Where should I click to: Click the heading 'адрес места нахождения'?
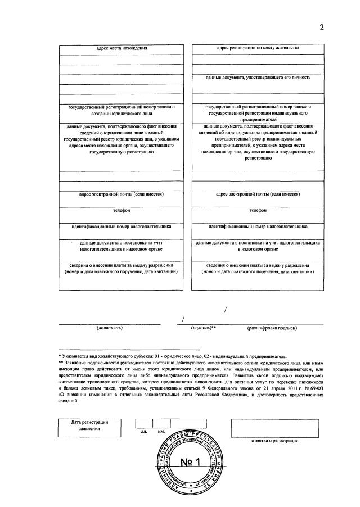tap(121, 48)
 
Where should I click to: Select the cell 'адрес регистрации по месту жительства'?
tap(258, 48)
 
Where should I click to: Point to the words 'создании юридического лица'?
tap(121, 112)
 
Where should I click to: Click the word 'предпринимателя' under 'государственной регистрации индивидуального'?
tap(258, 119)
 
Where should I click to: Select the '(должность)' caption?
tap(106, 328)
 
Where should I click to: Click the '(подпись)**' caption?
tap(203, 328)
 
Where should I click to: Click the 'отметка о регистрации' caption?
tap(274, 441)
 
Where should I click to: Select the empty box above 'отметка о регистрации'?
tap(274, 428)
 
